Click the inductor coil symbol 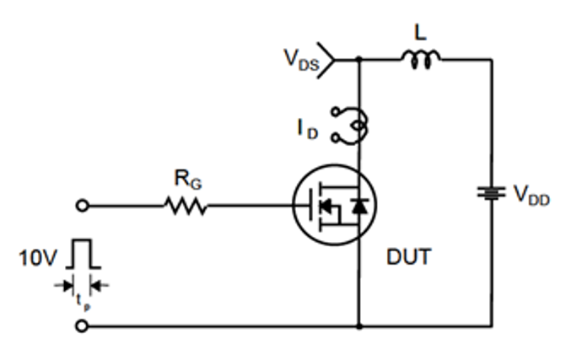click(x=421, y=59)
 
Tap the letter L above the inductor click(x=420, y=33)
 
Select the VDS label click(x=301, y=60)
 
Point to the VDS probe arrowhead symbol click(x=326, y=60)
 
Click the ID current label click(x=308, y=129)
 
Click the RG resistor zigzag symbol click(x=186, y=206)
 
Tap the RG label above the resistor click(x=188, y=180)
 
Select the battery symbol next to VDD click(x=491, y=193)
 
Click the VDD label click(x=531, y=195)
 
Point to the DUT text click(x=409, y=257)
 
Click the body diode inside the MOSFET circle click(x=360, y=206)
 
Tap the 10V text click(x=38, y=258)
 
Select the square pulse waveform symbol click(x=83, y=254)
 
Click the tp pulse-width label click(x=83, y=302)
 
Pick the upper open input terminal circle click(x=83, y=206)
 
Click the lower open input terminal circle click(x=83, y=326)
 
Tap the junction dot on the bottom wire click(x=359, y=326)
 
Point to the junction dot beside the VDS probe click(x=358, y=59)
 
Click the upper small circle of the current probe click(x=336, y=112)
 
